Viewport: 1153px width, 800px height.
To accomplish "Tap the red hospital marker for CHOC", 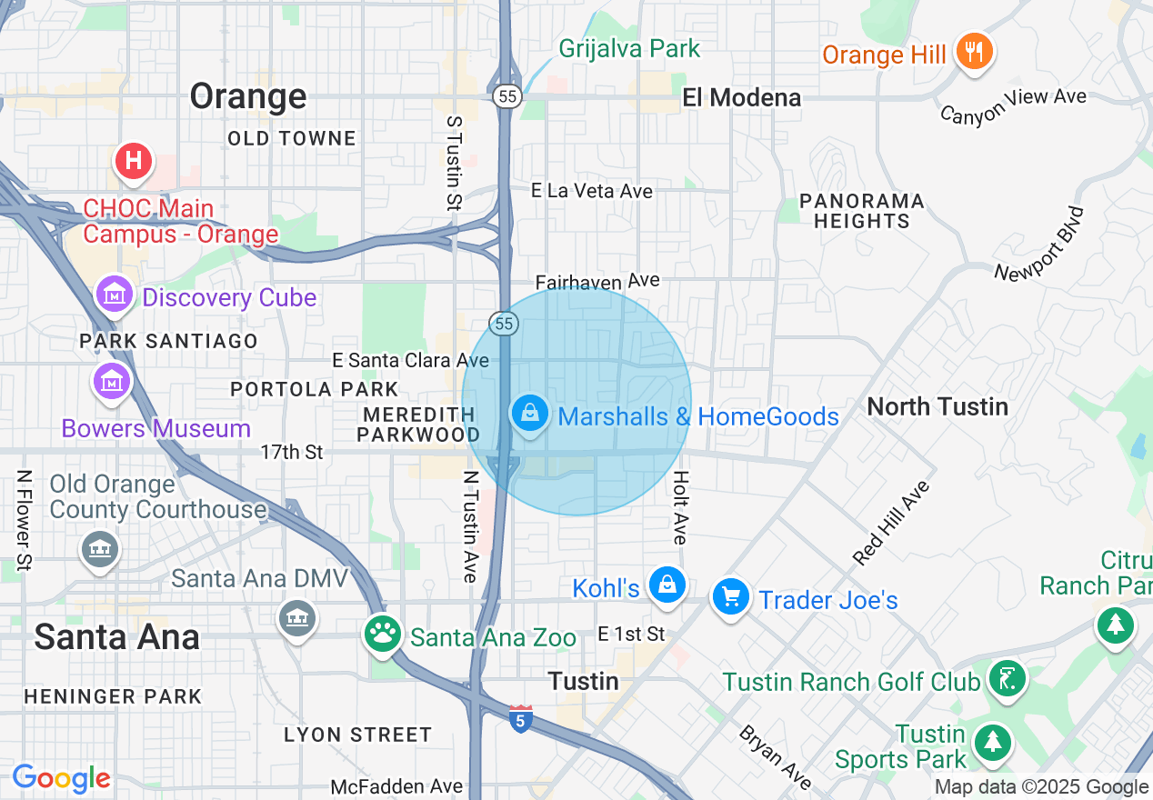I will [133, 161].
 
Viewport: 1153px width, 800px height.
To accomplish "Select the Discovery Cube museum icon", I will [115, 295].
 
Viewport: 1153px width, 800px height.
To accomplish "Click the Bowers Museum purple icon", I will [112, 382].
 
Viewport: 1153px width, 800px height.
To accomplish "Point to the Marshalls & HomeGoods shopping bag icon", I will [530, 414].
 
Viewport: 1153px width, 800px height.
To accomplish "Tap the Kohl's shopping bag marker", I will [667, 585].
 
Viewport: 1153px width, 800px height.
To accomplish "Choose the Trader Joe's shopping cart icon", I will [731, 597].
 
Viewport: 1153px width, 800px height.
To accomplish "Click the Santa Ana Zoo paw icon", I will [383, 634].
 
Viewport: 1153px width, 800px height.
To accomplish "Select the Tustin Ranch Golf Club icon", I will [1008, 679].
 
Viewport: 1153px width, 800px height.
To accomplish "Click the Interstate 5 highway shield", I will [520, 719].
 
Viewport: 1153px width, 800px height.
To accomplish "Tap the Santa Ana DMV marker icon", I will [296, 619].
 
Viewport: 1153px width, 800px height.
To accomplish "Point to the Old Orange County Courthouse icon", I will [99, 549].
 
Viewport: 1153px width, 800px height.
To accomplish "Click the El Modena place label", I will [742, 97].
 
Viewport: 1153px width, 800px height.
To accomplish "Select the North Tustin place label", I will [937, 406].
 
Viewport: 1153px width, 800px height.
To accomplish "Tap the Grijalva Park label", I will [629, 48].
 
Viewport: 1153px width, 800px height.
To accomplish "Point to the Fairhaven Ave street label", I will [597, 281].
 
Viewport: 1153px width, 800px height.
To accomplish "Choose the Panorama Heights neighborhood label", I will [861, 211].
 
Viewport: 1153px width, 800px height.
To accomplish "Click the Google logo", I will [61, 779].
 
